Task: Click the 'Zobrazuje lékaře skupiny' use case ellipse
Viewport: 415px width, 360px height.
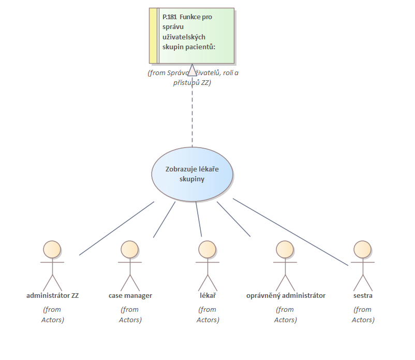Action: tap(192, 174)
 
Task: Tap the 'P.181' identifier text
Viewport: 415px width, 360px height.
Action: tap(169, 17)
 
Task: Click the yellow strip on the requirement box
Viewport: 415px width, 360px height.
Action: tap(153, 35)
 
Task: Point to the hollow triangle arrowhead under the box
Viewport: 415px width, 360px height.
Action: tap(192, 70)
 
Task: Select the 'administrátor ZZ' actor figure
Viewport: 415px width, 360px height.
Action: tap(52, 265)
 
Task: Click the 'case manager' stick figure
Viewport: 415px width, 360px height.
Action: tap(129, 265)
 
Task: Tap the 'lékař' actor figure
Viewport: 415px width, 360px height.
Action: tap(207, 265)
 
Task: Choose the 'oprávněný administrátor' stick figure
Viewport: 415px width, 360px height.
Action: tap(285, 265)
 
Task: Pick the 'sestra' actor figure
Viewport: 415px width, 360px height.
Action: tap(362, 265)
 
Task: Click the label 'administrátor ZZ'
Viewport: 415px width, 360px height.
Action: tap(52, 296)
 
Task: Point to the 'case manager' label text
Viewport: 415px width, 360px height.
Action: tap(130, 296)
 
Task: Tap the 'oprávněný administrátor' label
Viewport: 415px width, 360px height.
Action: tap(286, 296)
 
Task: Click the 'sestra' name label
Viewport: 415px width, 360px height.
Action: tap(363, 296)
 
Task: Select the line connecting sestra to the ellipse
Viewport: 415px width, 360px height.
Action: tap(290, 232)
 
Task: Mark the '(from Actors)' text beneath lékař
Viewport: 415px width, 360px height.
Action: tap(207, 314)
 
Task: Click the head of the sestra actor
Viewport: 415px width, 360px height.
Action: tap(362, 249)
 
